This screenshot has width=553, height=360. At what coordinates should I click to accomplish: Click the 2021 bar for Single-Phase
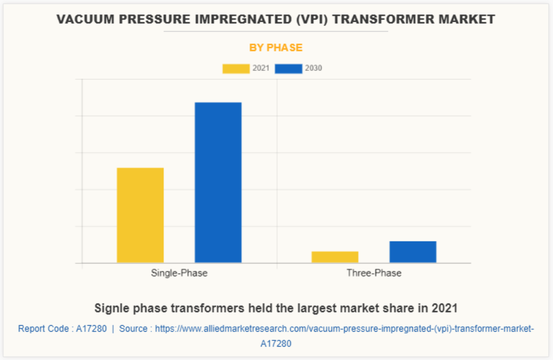click(140, 215)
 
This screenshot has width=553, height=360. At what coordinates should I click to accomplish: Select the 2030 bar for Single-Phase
click(218, 182)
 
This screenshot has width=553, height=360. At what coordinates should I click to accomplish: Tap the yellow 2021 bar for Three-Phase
click(335, 257)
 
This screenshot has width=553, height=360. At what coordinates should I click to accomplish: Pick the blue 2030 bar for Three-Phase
click(413, 251)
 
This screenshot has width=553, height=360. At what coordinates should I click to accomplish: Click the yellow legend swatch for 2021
click(235, 69)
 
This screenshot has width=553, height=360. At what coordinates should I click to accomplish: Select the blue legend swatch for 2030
click(288, 69)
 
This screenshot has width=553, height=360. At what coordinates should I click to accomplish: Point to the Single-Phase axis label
click(179, 273)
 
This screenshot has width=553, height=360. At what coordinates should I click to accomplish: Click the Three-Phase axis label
click(374, 273)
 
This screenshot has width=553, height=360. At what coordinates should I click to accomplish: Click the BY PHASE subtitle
click(276, 48)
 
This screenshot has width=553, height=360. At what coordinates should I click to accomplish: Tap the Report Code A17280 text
click(63, 328)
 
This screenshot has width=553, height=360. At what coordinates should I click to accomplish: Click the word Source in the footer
click(133, 328)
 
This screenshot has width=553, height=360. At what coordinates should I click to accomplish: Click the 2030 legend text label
click(314, 69)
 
